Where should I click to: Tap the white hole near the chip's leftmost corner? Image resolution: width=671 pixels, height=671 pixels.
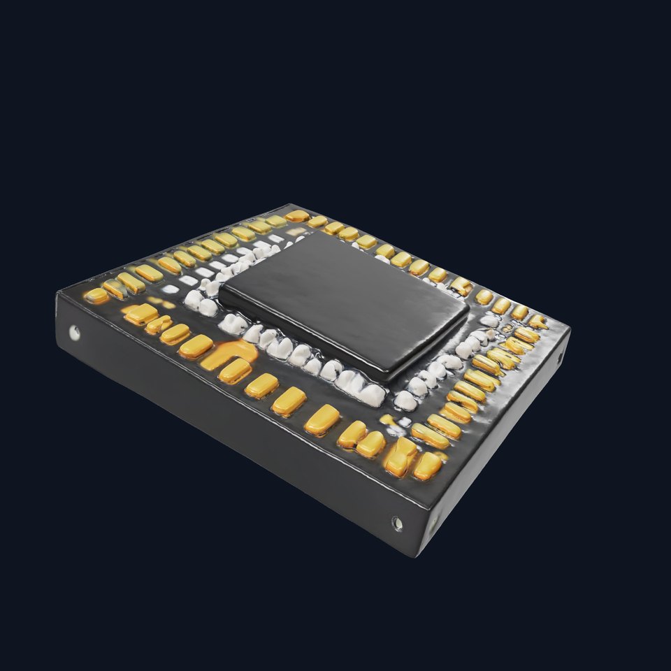pyautogui.click(x=74, y=333)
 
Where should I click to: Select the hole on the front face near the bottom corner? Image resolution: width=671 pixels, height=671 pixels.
pyautogui.click(x=397, y=523)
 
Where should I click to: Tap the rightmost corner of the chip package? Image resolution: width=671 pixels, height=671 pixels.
pyautogui.click(x=570, y=329)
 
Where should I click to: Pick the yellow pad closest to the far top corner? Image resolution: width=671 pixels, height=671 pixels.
pyautogui.click(x=297, y=216)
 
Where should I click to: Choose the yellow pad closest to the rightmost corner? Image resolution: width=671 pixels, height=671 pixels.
pyautogui.click(x=537, y=322)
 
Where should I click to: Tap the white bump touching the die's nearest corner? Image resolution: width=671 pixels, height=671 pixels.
pyautogui.click(x=372, y=396)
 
